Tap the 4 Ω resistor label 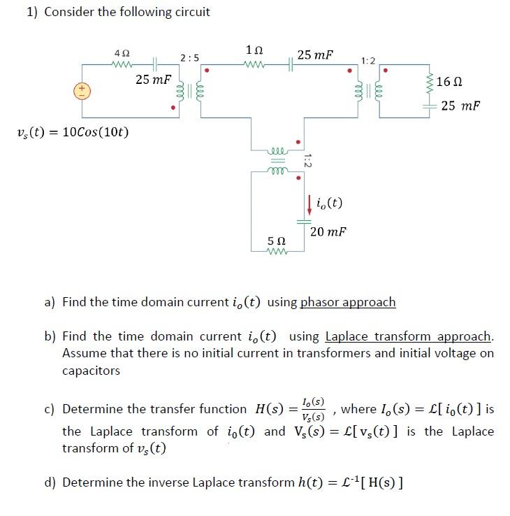(x=122, y=53)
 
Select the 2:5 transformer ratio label (x=189, y=57)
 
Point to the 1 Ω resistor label (x=255, y=50)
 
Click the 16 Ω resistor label (x=449, y=82)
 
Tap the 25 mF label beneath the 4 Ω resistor (x=152, y=80)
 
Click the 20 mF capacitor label (x=328, y=231)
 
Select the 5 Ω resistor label (x=276, y=241)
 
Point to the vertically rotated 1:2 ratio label (x=307, y=161)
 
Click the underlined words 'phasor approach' (x=347, y=302)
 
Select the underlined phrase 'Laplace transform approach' (x=409, y=336)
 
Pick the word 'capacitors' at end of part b (x=91, y=371)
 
